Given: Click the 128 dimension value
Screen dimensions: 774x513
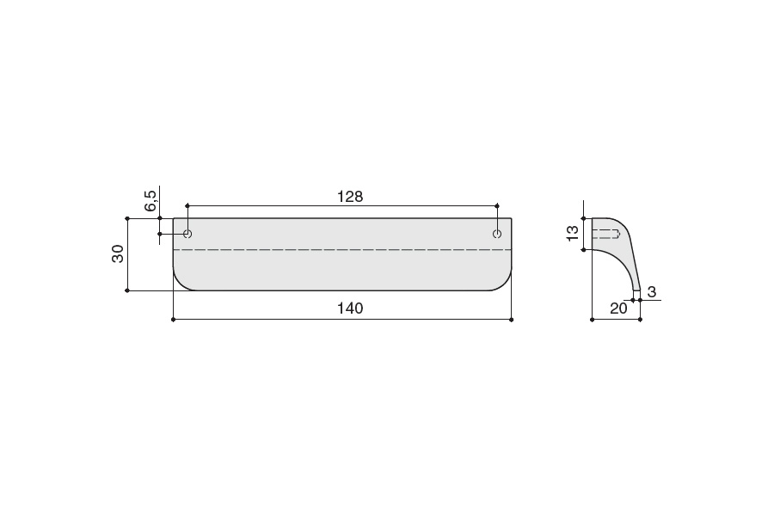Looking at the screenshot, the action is tap(350, 197).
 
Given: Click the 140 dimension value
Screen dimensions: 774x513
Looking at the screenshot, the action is tap(350, 308).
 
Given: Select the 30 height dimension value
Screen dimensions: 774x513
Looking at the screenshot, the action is tap(118, 253).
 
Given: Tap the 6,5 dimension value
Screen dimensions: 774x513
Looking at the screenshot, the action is tap(151, 201).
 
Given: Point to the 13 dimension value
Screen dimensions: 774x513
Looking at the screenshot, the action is tap(573, 233).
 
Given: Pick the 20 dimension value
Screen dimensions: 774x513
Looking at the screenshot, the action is tap(618, 308).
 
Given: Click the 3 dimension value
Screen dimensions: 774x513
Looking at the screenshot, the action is tap(652, 292).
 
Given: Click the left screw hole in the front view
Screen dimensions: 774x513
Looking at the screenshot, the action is tap(187, 234).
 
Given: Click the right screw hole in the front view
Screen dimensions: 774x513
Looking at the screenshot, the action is tap(497, 234).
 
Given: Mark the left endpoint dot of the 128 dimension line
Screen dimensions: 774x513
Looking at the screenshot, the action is tap(187, 205).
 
